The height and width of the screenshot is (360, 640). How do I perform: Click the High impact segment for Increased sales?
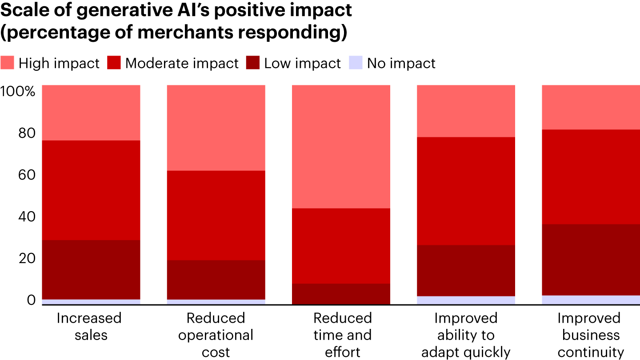point(91,112)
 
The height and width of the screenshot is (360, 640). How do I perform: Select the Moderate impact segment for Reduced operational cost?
point(216,215)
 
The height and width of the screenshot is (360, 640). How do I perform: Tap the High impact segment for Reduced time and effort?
point(341,147)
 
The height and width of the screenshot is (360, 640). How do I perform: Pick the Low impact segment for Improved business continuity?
point(591,260)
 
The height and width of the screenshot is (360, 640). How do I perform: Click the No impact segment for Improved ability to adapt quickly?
point(466,300)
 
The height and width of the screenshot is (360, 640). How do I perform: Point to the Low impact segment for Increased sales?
point(91,270)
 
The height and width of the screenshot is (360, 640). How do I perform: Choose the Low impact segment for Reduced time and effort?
point(341,294)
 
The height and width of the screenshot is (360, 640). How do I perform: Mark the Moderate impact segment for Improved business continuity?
point(591,176)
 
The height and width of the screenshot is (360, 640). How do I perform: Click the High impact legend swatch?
point(8,63)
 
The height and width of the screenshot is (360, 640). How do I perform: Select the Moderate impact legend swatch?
point(114,63)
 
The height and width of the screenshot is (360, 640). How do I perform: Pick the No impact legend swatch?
point(356,63)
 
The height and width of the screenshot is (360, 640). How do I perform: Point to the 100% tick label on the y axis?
point(18,92)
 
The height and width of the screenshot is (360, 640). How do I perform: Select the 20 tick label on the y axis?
point(27,259)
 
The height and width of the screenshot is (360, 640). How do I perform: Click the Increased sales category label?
point(89,326)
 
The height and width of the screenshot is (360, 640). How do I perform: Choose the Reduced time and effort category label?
point(342,335)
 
